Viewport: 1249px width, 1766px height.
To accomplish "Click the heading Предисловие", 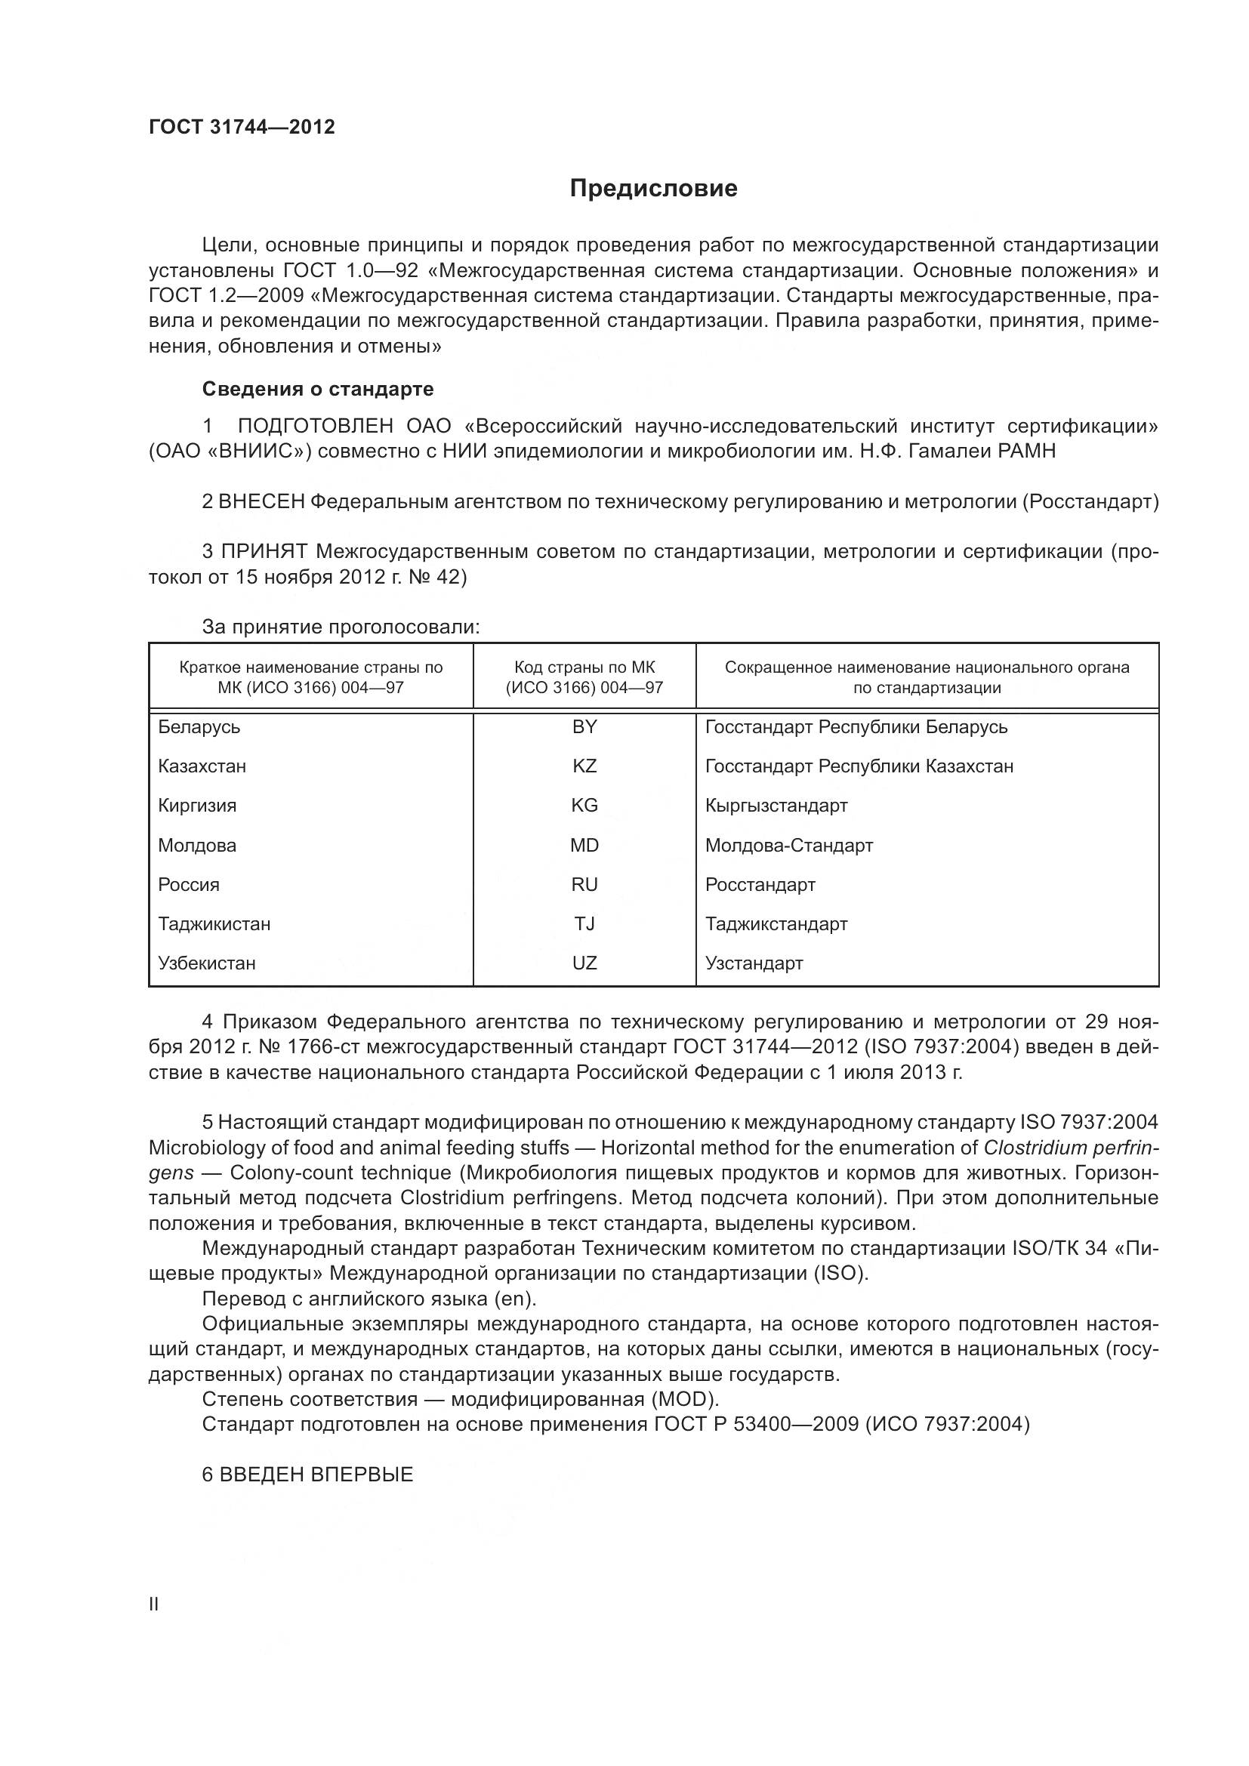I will pyautogui.click(x=653, y=189).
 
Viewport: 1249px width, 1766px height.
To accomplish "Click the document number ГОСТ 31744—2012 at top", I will pyautogui.click(x=242, y=127).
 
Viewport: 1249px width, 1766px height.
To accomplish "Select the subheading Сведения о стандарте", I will pyautogui.click(x=318, y=389).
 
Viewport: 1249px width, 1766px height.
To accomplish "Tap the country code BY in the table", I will pyautogui.click(x=584, y=727).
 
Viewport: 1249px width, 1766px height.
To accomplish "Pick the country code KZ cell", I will pyautogui.click(x=584, y=766).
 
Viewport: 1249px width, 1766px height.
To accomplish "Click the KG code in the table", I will pyautogui.click(x=584, y=806).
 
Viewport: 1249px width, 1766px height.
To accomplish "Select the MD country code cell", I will pyautogui.click(x=584, y=846).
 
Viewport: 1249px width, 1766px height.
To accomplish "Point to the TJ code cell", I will pyautogui.click(x=584, y=923).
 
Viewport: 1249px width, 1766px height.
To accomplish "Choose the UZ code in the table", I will pyautogui.click(x=584, y=963).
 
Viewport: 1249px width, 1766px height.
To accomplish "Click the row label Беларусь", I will pyautogui.click(x=199, y=727).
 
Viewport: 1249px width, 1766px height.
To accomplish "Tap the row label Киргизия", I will pyautogui.click(x=197, y=806).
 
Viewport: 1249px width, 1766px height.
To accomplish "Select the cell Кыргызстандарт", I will pyautogui.click(x=776, y=806).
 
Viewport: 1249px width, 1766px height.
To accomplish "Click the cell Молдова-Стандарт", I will pyautogui.click(x=789, y=846).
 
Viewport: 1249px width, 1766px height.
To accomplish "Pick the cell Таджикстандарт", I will pyautogui.click(x=776, y=923).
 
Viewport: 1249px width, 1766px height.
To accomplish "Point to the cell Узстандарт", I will pyautogui.click(x=754, y=963).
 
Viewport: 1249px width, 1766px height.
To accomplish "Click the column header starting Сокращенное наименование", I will pyautogui.click(x=927, y=677).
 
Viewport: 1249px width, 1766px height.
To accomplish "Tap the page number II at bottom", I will pyautogui.click(x=154, y=1604).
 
